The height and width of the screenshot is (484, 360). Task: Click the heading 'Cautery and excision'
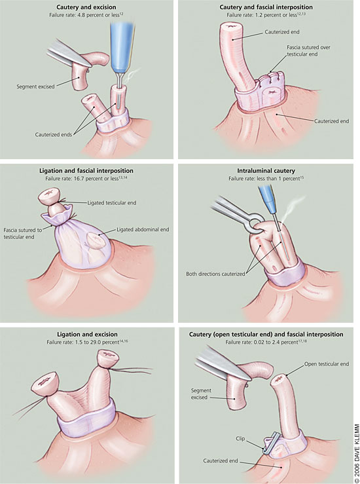(x=86, y=7)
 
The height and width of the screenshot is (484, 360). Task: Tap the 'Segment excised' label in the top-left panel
(x=35, y=86)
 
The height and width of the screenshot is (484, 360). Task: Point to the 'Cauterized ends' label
(x=54, y=134)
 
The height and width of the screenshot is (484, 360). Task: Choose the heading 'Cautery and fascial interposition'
(x=266, y=7)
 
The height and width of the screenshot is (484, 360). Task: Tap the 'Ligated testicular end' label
(x=112, y=203)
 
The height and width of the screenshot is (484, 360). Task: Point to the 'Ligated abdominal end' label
(x=143, y=229)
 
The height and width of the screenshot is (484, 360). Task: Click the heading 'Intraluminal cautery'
(x=266, y=171)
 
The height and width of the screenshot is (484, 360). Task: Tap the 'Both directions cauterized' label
(x=215, y=274)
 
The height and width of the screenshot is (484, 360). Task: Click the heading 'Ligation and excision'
(x=87, y=334)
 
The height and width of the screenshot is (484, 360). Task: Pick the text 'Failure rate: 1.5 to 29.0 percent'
(x=82, y=342)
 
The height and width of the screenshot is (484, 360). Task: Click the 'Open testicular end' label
(x=327, y=364)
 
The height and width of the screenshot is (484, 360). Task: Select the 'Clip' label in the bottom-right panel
(x=240, y=439)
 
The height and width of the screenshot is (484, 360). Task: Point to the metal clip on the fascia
(x=272, y=443)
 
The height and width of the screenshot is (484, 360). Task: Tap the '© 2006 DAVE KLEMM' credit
(x=357, y=451)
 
